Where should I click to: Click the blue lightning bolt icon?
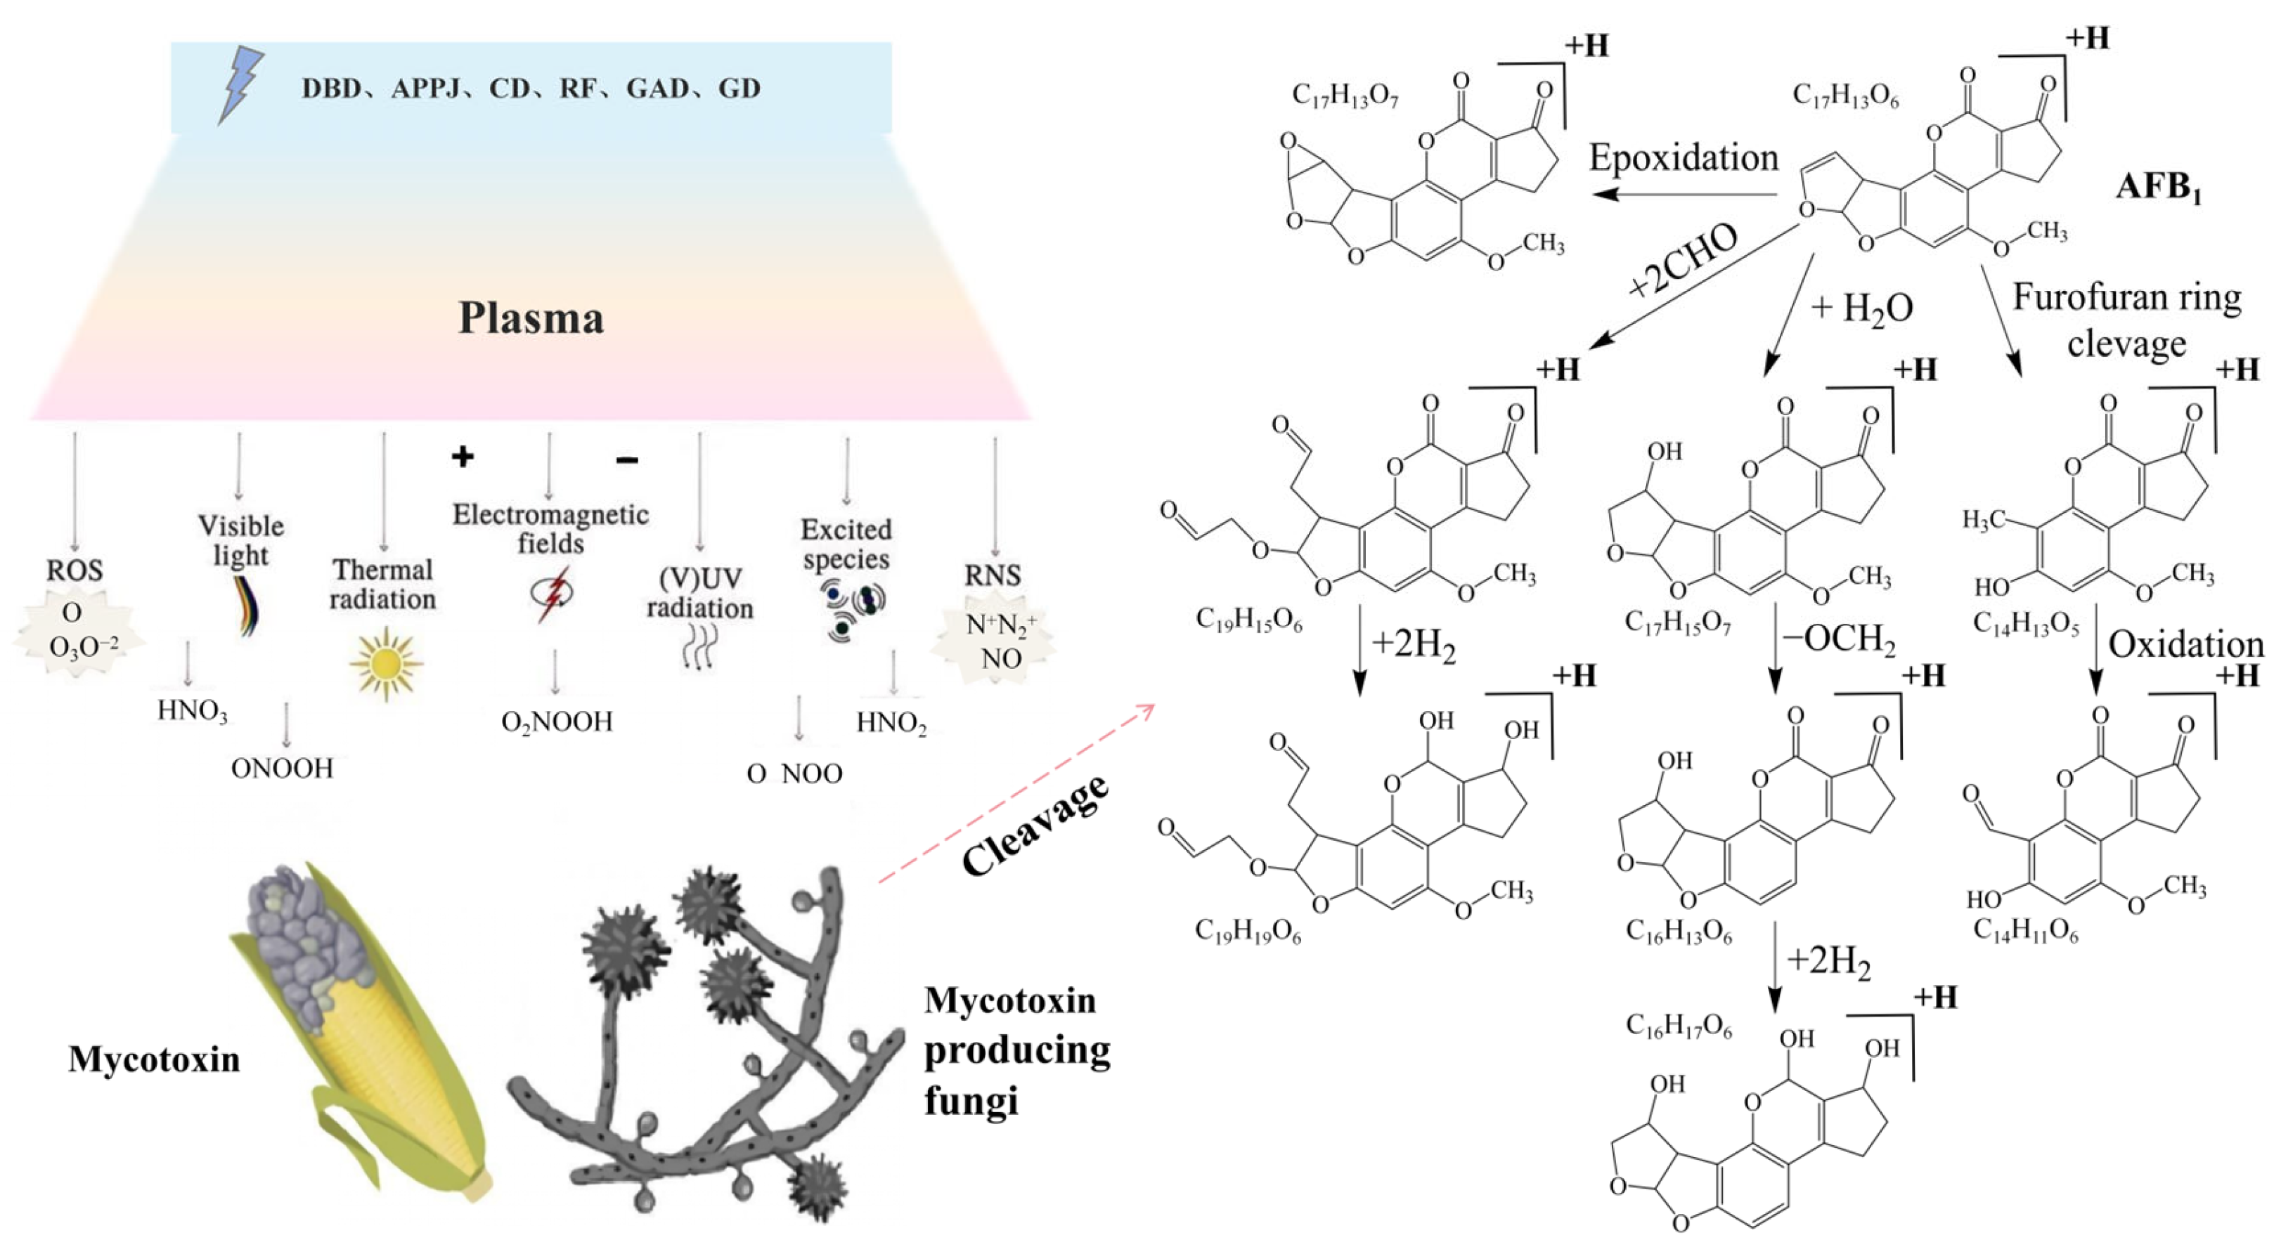point(240,84)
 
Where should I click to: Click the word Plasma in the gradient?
point(531,318)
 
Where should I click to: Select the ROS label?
point(75,570)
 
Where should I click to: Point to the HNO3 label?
point(192,711)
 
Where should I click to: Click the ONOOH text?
point(282,768)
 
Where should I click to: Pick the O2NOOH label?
point(556,722)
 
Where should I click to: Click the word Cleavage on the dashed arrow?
point(1034,825)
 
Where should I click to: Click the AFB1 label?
point(2158,188)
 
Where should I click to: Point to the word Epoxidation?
point(1682,158)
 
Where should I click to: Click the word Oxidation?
point(2185,644)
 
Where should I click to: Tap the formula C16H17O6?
point(1678,1026)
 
